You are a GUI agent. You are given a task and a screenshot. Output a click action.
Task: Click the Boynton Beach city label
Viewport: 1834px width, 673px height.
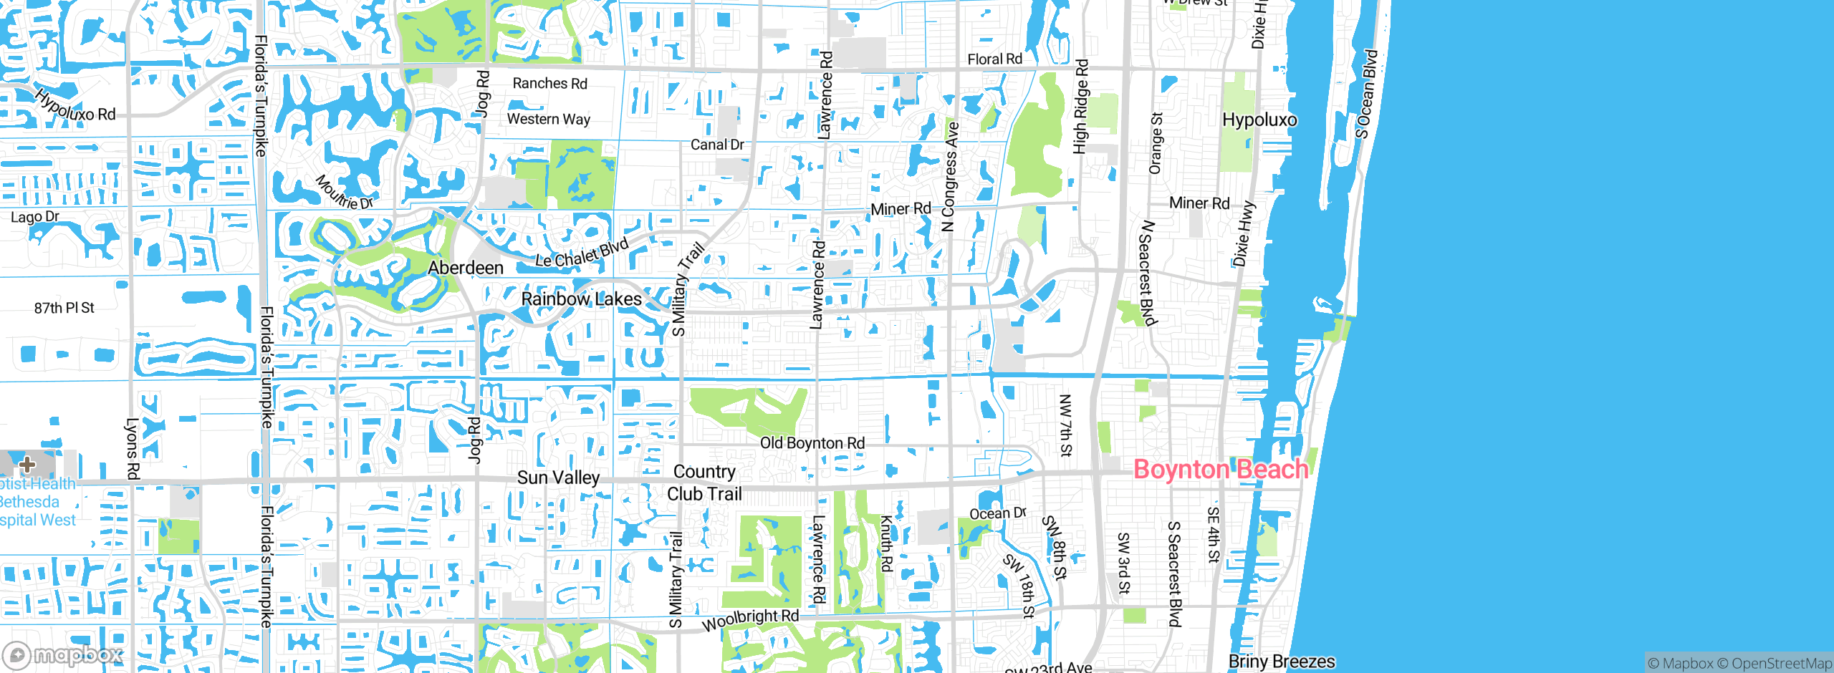click(x=1221, y=470)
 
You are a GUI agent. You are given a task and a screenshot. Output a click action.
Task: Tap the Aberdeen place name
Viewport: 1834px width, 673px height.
click(x=466, y=268)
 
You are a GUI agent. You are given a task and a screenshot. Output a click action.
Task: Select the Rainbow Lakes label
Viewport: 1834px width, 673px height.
click(x=581, y=299)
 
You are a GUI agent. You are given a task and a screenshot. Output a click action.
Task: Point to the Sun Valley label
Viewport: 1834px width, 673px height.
click(x=558, y=478)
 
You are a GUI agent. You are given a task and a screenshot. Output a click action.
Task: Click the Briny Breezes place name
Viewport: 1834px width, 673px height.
click(x=1282, y=661)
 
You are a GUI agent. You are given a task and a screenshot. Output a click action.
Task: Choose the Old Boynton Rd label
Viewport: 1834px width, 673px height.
click(x=812, y=443)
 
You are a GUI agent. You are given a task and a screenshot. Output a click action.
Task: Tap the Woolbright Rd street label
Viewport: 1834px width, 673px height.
click(x=750, y=619)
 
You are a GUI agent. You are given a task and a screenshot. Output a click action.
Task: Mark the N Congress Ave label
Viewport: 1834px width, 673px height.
click(x=950, y=177)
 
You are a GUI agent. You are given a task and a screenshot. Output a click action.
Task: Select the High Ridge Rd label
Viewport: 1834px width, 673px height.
click(x=1080, y=107)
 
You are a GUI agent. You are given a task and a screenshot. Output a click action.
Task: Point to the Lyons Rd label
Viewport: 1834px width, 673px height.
click(x=133, y=448)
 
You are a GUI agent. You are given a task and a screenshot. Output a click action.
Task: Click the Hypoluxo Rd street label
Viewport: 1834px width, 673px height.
click(x=75, y=105)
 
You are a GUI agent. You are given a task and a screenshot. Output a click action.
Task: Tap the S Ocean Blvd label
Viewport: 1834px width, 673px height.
click(x=1367, y=93)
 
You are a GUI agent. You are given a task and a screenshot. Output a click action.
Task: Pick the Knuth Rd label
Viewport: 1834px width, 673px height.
click(x=887, y=543)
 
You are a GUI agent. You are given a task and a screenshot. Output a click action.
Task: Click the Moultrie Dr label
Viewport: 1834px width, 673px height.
click(x=345, y=193)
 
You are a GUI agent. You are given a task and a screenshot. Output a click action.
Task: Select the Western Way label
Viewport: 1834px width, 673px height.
click(x=548, y=119)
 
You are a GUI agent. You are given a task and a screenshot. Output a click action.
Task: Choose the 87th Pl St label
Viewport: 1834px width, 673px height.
click(x=64, y=308)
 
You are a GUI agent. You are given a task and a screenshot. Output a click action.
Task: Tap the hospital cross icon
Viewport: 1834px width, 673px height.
click(x=27, y=465)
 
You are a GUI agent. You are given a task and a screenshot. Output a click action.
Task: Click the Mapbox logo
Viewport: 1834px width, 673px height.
click(x=63, y=654)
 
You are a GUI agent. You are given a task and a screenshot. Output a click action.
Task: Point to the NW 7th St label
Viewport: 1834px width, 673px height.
click(x=1065, y=425)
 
